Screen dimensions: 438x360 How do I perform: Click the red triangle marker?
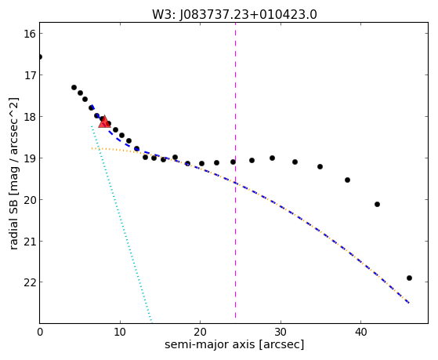[x=104, y=122]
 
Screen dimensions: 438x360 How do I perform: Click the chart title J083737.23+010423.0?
[x=248, y=15]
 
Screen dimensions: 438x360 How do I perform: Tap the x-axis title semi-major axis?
[x=210, y=344]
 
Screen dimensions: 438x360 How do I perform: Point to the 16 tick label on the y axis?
[x=28, y=34]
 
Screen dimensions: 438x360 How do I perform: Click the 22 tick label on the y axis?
[x=28, y=282]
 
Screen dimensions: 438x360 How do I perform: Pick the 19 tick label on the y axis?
[x=28, y=158]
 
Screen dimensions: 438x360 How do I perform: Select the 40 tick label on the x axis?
[x=361, y=333]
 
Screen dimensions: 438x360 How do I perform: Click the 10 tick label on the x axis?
[x=120, y=333]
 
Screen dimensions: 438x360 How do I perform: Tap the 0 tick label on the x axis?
[x=40, y=333]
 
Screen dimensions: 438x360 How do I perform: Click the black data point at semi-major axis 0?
[x=40, y=57]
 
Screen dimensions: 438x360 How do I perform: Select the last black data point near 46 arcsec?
[x=409, y=278]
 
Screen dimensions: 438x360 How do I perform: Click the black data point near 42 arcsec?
[x=377, y=205]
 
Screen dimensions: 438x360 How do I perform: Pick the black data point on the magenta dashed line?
[x=233, y=162]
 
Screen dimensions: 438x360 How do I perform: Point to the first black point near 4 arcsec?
[x=74, y=88]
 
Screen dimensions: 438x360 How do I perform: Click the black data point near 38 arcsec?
[x=347, y=180]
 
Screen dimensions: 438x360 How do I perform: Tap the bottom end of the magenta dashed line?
[x=236, y=318]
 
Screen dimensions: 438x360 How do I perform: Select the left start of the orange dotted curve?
[x=92, y=148]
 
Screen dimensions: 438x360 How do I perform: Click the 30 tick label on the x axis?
[x=281, y=333]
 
